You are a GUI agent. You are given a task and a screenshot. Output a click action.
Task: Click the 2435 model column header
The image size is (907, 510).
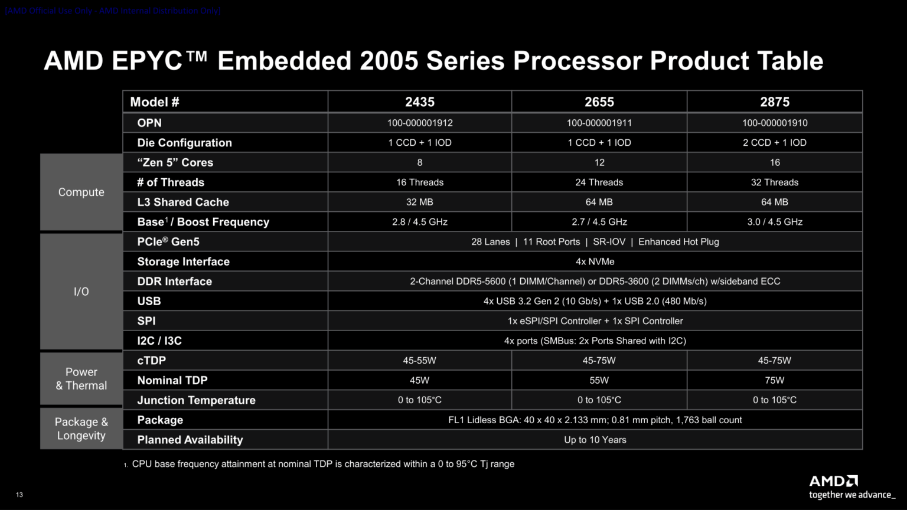click(419, 102)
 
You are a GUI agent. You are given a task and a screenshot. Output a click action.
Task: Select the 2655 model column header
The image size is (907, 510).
click(599, 102)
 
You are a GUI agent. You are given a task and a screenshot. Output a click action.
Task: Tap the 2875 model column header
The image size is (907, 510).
click(774, 102)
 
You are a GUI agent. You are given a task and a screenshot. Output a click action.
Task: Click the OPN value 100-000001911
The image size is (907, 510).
click(599, 123)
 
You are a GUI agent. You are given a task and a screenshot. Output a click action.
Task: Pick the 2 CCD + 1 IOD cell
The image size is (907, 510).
click(774, 143)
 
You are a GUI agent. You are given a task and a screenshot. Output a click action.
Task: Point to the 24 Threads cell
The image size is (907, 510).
click(599, 182)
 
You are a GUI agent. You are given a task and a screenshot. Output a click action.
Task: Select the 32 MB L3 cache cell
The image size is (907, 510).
click(419, 202)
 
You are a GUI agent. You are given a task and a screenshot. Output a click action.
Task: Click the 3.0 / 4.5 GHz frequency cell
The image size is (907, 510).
click(774, 222)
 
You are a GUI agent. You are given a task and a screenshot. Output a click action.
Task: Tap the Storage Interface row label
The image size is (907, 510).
click(183, 261)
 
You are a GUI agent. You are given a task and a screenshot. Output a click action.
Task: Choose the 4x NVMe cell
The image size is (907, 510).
click(595, 261)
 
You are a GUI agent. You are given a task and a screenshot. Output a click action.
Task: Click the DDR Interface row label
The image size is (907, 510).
click(174, 282)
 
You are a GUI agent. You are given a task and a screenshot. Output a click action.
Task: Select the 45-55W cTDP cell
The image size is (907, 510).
click(419, 361)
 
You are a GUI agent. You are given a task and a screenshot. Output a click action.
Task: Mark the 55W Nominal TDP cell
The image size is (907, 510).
click(599, 380)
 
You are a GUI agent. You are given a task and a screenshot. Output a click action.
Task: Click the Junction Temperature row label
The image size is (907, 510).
click(196, 400)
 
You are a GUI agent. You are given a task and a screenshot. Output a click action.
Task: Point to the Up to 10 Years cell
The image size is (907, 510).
click(595, 440)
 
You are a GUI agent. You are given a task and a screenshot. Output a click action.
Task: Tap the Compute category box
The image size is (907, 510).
click(81, 192)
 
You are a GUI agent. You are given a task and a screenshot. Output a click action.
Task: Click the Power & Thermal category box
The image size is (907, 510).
click(81, 378)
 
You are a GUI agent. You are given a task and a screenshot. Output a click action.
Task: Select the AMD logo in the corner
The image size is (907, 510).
click(833, 481)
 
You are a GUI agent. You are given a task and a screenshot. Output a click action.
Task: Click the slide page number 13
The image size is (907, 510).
click(19, 495)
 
